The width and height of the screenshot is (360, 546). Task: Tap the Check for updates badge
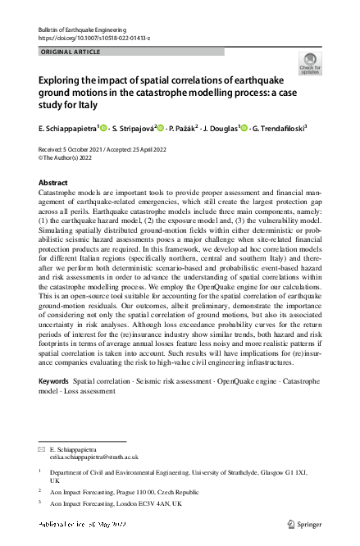coord(310,64)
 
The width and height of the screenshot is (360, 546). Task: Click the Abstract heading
coord(54,183)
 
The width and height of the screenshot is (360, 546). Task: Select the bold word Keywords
coord(53,382)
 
